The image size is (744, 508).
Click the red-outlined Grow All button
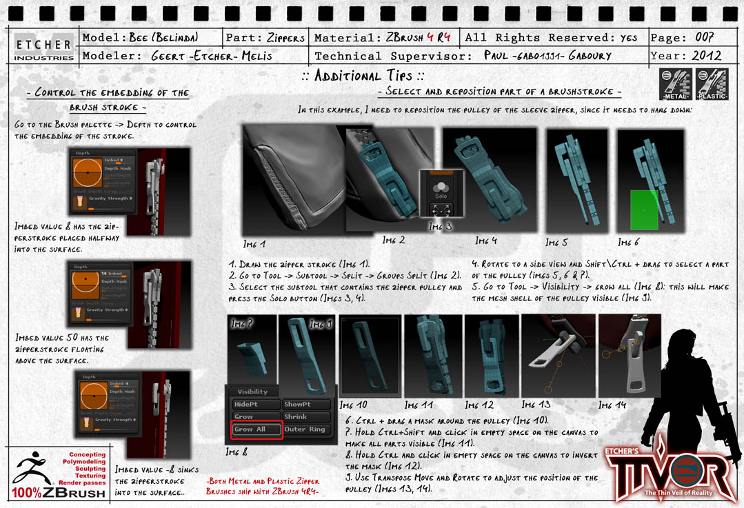click(x=257, y=429)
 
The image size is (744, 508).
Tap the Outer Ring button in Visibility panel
click(x=305, y=429)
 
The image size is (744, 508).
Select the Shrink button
click(x=305, y=417)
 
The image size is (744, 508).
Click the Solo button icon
click(x=439, y=191)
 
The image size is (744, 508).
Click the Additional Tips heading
click(x=363, y=76)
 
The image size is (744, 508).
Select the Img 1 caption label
click(x=254, y=244)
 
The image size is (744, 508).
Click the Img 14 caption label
click(x=613, y=405)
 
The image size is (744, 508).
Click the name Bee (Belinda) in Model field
click(x=164, y=38)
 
